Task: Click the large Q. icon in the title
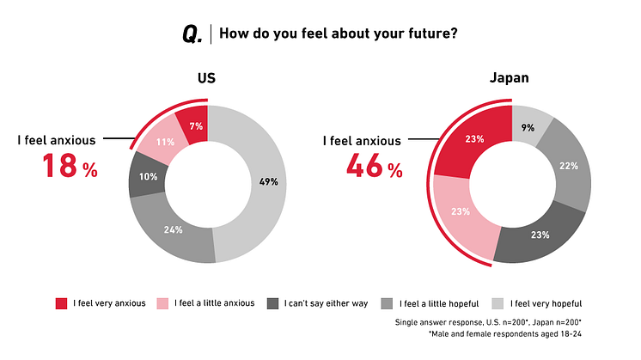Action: coord(192,34)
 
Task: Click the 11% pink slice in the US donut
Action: coord(165,143)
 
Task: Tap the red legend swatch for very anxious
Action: coord(61,302)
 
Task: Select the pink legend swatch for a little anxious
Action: coord(162,302)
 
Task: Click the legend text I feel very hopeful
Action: coord(546,302)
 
